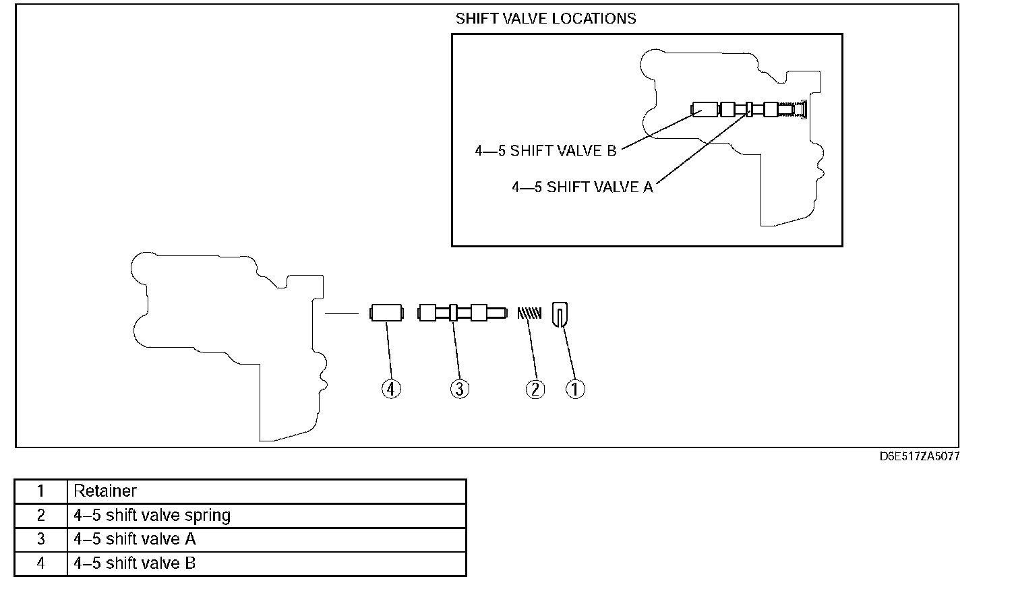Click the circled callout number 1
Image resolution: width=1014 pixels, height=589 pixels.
575,389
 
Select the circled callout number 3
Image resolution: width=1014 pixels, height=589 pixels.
460,389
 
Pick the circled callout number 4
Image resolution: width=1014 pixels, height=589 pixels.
391,389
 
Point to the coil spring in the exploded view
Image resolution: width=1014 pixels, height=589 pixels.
529,313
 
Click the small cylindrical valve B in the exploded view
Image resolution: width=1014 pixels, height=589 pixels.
386,313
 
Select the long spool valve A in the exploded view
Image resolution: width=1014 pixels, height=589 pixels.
462,313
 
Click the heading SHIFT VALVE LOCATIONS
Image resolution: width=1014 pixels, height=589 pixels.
545,19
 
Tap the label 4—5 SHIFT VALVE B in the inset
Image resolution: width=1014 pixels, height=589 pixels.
545,151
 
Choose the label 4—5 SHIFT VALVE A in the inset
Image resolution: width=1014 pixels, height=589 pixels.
583,187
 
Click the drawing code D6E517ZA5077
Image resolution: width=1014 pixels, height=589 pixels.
919,456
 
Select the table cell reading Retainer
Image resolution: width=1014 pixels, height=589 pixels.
105,491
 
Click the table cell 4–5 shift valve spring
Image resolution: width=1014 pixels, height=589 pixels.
152,516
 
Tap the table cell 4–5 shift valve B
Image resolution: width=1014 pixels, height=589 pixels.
135,563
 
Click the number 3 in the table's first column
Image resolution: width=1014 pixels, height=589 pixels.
41,539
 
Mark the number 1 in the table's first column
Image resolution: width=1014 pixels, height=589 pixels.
41,491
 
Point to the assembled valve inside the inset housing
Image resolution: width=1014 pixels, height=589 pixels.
748,109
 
